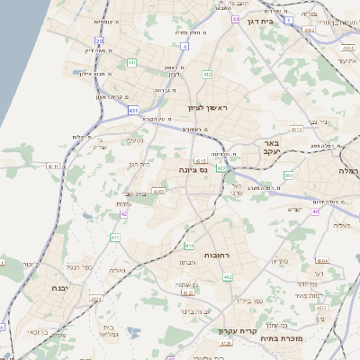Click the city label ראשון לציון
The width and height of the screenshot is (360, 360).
[209, 108]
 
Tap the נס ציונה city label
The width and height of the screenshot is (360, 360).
[193, 168]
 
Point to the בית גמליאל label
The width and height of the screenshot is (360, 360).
[103, 328]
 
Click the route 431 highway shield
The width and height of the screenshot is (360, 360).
[133, 111]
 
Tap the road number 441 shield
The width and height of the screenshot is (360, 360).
[131, 62]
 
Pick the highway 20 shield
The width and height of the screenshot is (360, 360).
[99, 40]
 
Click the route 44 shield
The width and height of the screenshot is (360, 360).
[235, 18]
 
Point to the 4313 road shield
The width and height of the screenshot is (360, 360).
[296, 130]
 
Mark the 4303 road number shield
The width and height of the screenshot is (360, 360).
[158, 191]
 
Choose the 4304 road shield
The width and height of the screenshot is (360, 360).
[323, 259]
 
